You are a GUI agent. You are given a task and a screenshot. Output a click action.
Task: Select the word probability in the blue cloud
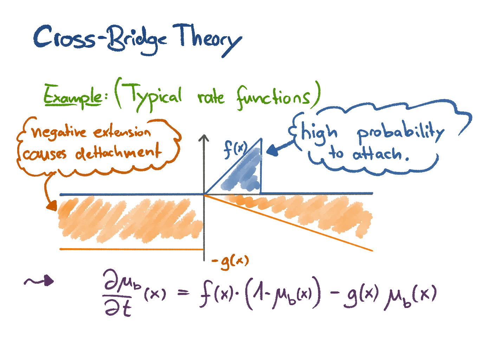(x=401, y=134)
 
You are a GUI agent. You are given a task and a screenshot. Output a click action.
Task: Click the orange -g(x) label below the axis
(x=231, y=262)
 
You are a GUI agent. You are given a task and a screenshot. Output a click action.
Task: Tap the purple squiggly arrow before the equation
(x=39, y=281)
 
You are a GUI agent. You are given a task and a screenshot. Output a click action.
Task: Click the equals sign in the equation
(x=183, y=293)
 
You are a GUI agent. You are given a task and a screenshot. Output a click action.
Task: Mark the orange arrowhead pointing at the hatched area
(x=52, y=205)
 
